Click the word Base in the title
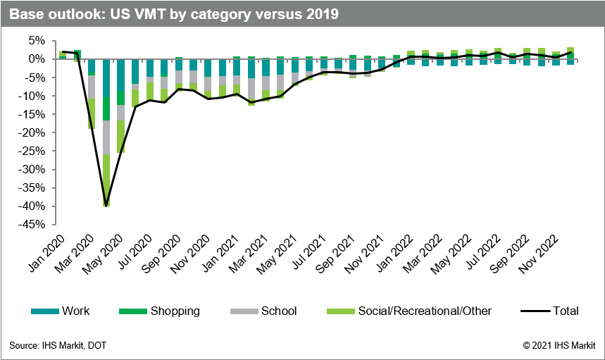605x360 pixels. (x=25, y=14)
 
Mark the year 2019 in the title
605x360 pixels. (x=323, y=14)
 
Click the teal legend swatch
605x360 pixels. (x=45, y=311)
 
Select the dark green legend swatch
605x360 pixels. (x=133, y=311)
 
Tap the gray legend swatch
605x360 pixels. (x=244, y=311)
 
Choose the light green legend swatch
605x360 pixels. (x=341, y=311)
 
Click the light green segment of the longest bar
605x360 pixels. (x=106, y=176)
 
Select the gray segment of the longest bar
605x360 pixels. (x=106, y=137)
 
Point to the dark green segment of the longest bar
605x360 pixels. (x=106, y=108)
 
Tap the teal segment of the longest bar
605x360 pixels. (x=106, y=77)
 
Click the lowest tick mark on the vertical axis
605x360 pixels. (x=54, y=225)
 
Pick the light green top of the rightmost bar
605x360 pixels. (x=570, y=50)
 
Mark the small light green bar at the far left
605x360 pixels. (x=63, y=55)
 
